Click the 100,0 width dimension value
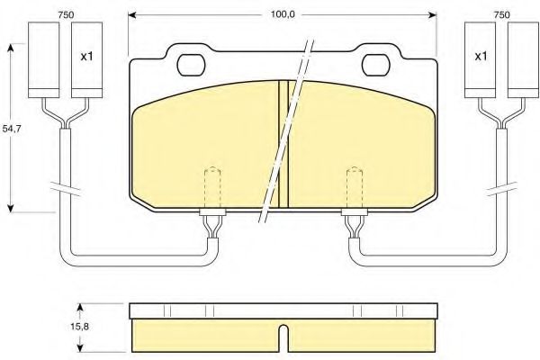[x=283, y=14]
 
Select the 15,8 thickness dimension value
[x=79, y=326]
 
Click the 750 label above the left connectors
[x=66, y=14]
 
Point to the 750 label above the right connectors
[x=501, y=14]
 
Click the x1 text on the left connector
[x=86, y=56]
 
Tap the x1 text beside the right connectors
[x=481, y=56]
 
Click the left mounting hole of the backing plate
[x=191, y=66]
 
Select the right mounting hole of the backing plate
[x=376, y=65]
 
